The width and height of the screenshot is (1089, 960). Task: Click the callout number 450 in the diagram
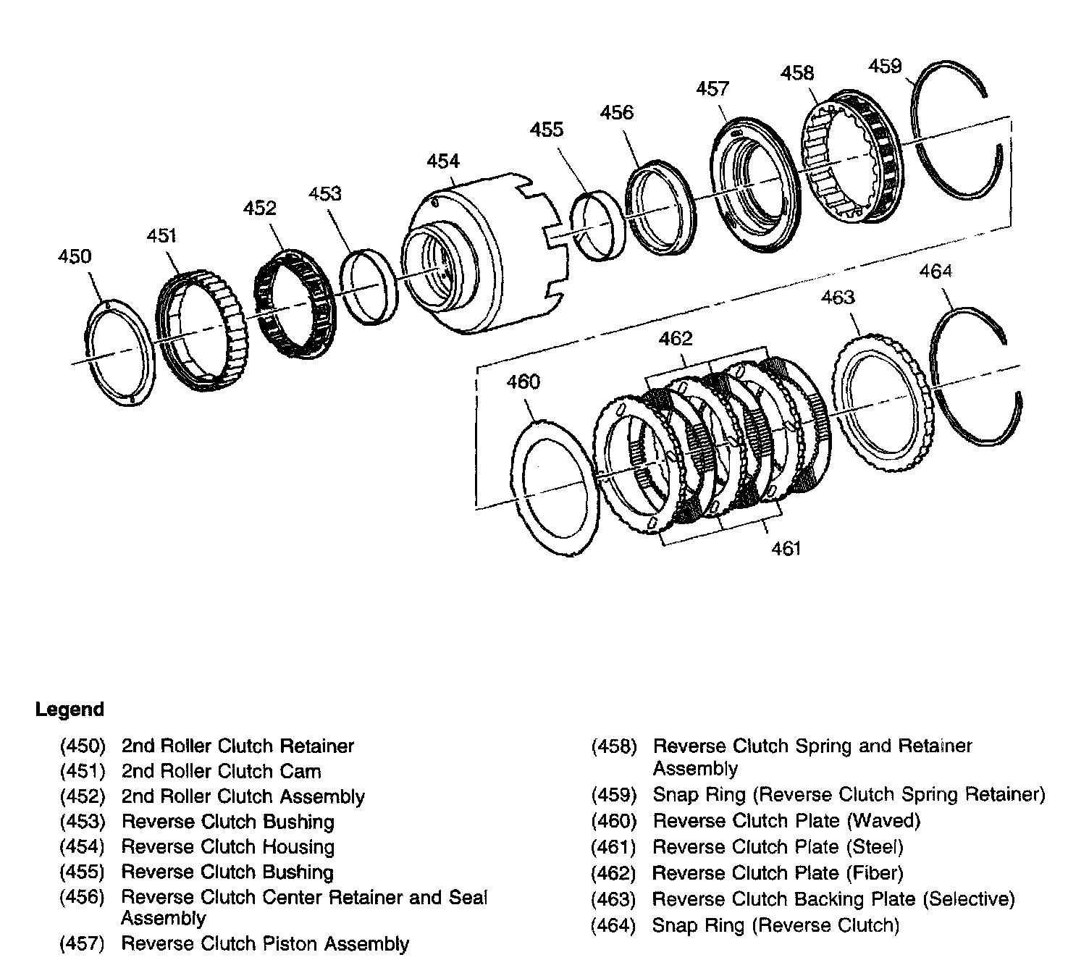point(75,257)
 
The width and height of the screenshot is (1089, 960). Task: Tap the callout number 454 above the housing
point(443,161)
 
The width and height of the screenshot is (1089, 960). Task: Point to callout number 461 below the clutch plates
point(786,548)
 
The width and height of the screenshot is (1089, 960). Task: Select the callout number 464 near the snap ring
point(935,271)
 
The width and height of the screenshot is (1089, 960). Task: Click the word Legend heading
point(70,710)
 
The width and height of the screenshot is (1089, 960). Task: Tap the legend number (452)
point(83,796)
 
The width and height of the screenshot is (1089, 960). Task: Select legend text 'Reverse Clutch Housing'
point(228,847)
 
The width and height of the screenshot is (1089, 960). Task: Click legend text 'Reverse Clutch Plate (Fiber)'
point(778,873)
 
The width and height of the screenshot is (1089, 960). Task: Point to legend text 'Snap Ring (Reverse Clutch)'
point(775,925)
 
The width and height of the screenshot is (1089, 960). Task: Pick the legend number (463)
point(613,899)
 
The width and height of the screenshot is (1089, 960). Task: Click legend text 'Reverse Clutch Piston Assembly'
point(265,944)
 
